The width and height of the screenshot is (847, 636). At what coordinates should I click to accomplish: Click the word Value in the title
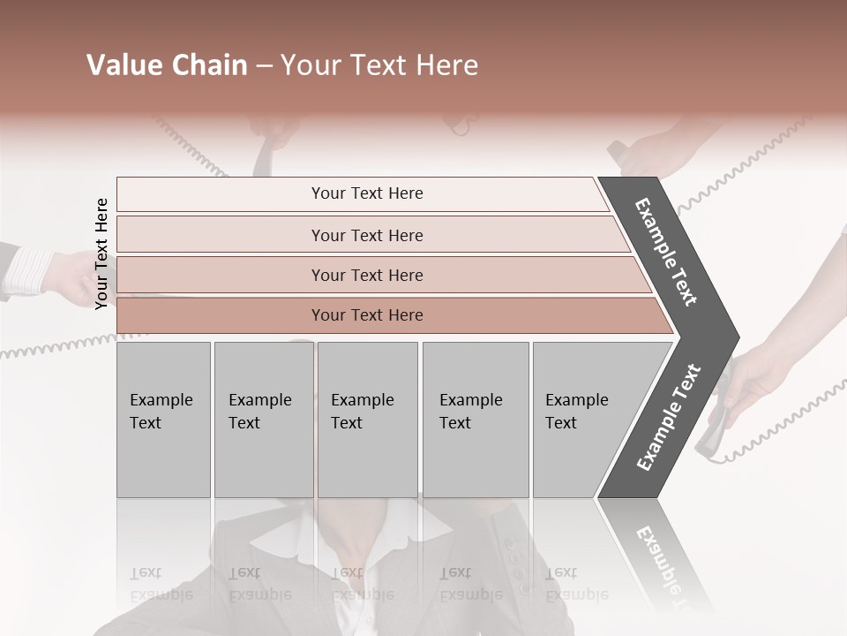click(x=122, y=65)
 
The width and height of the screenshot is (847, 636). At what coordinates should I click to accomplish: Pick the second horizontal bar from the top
click(x=366, y=235)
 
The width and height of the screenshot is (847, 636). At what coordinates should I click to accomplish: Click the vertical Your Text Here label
click(x=101, y=254)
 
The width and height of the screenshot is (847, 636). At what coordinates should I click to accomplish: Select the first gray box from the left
click(x=163, y=420)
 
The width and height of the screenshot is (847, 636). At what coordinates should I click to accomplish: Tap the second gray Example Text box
click(x=263, y=420)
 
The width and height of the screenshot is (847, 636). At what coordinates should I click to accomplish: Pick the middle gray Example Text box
click(x=367, y=420)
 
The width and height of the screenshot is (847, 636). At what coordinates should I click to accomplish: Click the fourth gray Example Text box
click(x=475, y=420)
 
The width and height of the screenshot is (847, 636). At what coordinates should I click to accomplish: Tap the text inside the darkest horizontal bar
click(x=367, y=315)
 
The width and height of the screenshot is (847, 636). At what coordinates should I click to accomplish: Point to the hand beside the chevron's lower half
click(x=759, y=371)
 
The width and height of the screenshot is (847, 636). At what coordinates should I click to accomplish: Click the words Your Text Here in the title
click(x=379, y=65)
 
